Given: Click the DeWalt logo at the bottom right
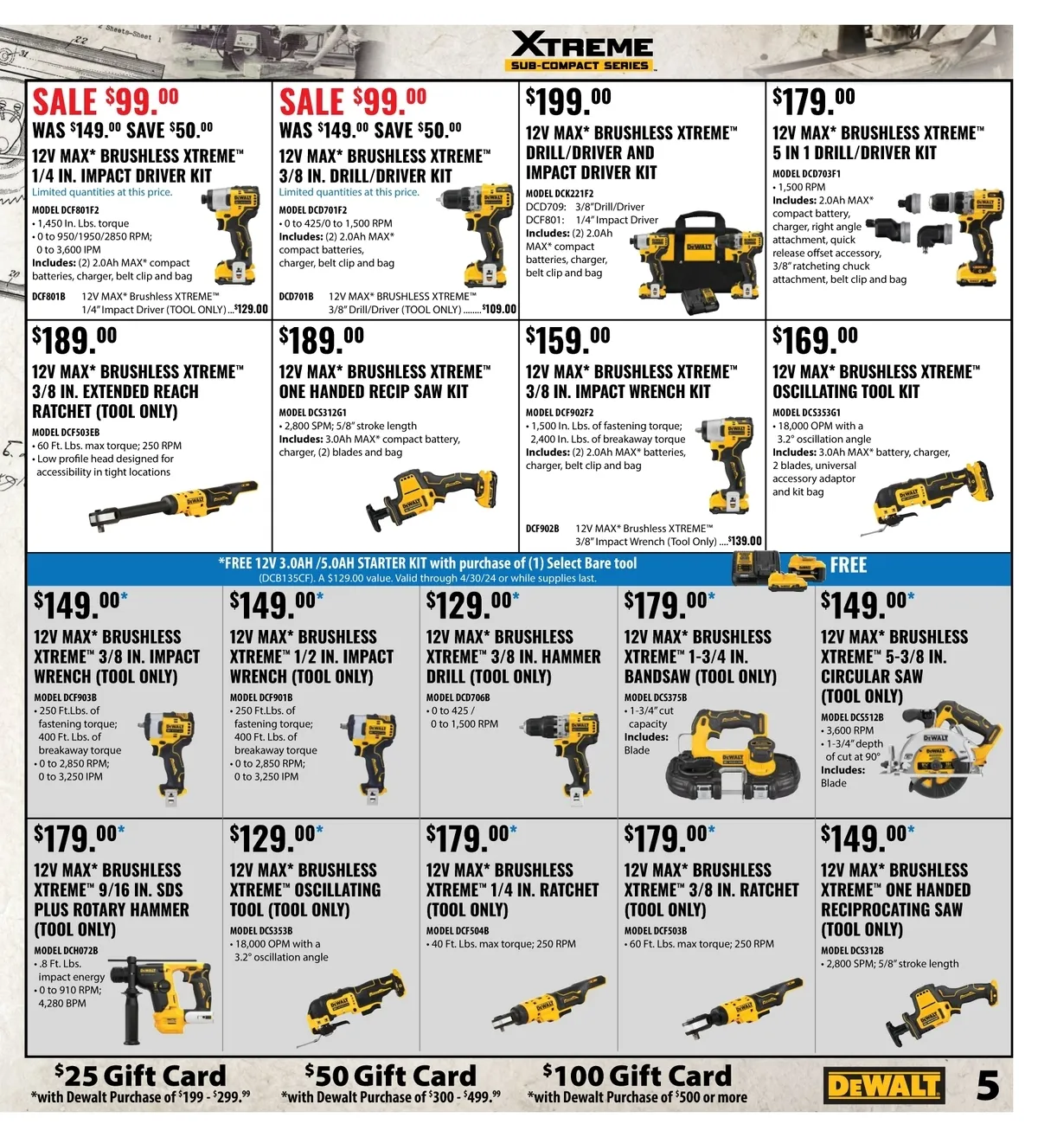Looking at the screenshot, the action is click(x=884, y=1085).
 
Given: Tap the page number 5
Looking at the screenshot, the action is click(x=988, y=1085).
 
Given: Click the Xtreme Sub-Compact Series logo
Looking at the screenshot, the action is click(x=581, y=51).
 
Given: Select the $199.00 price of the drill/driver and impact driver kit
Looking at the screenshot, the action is click(x=568, y=101).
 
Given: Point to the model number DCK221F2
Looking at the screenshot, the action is click(x=560, y=193).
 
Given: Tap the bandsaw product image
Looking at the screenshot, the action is click(x=733, y=753).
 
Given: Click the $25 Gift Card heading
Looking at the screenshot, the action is click(x=140, y=1076).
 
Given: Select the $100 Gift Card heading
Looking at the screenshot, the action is click(x=637, y=1076).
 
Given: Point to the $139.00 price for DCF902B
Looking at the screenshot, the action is click(x=745, y=542).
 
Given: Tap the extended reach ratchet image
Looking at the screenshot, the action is click(x=173, y=505).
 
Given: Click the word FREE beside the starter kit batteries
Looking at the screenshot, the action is click(x=849, y=565).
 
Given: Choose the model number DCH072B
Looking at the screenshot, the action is click(x=66, y=950).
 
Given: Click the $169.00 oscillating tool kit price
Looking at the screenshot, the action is click(x=815, y=339).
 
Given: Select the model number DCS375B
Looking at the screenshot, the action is click(x=655, y=697).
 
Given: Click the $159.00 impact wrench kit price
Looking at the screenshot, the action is click(x=567, y=339).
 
